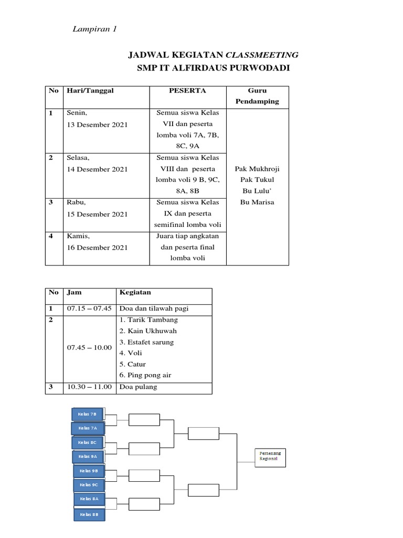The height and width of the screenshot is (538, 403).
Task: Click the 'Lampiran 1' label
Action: coord(94,29)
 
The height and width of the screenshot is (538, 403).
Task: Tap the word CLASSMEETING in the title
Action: coord(262,55)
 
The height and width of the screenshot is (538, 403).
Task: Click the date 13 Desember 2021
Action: coord(97,125)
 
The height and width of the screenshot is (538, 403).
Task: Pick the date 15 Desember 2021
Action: coord(97,214)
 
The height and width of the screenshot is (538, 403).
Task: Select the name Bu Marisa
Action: coord(257,202)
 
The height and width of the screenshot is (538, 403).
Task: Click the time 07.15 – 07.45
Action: coord(89,308)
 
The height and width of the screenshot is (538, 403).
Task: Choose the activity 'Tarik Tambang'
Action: coord(149,319)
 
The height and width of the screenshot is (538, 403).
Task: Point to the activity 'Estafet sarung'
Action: coord(146,342)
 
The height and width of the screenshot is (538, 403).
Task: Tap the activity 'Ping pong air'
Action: coord(145,375)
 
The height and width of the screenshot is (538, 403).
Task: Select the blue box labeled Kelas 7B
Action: coord(88,414)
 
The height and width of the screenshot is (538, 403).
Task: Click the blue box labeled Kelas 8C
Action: coord(88,442)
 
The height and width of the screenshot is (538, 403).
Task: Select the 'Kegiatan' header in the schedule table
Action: coord(133,292)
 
